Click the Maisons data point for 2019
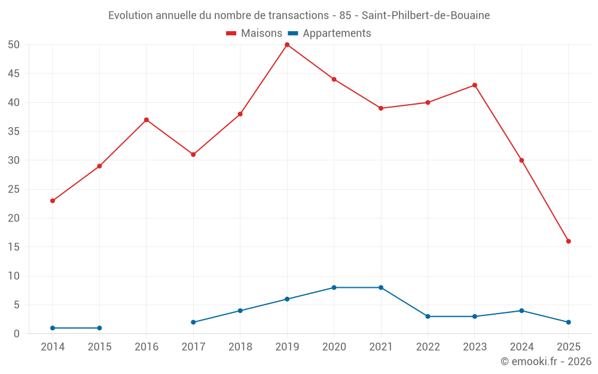[287, 45]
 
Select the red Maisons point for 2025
[569, 241]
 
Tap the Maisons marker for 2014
[53, 201]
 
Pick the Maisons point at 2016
[147, 120]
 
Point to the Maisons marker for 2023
[475, 85]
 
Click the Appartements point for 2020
[334, 288]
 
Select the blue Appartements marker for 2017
[193, 323]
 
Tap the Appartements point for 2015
[99, 328]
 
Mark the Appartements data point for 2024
[521, 311]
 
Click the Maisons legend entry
[254, 34]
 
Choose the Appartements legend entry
[329, 34]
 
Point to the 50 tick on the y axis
[14, 45]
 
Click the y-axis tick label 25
[14, 189]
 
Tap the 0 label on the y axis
[17, 334]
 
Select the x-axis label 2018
[240, 347]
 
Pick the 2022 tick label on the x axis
[428, 347]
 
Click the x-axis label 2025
[569, 347]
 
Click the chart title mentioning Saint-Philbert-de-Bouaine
[299, 16]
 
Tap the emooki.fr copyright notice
[546, 361]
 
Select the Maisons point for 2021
[381, 108]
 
